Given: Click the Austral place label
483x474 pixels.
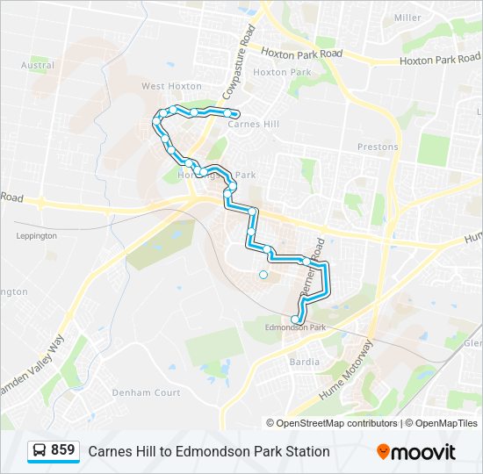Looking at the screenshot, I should [37, 65].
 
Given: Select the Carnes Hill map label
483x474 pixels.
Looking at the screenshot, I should [253, 125].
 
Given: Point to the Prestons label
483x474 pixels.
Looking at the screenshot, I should [378, 147].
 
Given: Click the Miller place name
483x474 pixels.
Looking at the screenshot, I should [407, 18].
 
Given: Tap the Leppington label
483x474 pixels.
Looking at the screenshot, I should [36, 235].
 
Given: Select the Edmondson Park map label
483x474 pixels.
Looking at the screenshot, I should [296, 328].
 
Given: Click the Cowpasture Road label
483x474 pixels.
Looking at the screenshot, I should [238, 61].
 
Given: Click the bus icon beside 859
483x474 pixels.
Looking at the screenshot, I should [40, 451].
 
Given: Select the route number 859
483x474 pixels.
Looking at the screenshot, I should [62, 450].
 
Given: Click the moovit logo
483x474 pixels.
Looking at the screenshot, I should [416, 452].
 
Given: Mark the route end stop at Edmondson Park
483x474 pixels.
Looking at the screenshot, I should [294, 320].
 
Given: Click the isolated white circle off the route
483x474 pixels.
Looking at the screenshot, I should [263, 275].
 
